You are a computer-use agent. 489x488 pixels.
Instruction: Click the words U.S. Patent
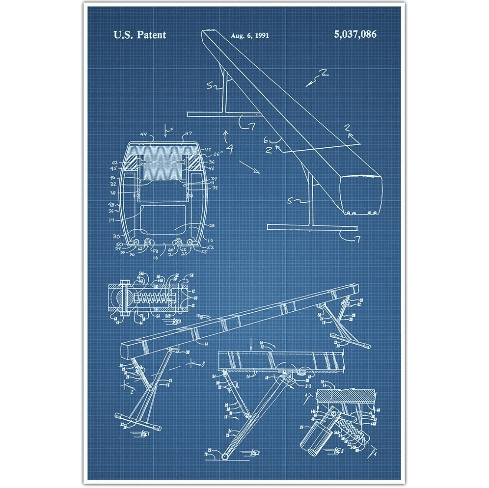click(140, 35)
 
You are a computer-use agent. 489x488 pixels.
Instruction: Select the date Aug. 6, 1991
click(250, 35)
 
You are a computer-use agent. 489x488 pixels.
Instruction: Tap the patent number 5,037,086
click(355, 35)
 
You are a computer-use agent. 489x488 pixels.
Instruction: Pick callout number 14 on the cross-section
click(111, 220)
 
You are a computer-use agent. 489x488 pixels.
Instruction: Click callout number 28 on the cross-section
click(211, 226)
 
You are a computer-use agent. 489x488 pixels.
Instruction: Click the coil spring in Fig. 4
click(152, 298)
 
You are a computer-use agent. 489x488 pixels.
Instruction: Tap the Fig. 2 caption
click(253, 452)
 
